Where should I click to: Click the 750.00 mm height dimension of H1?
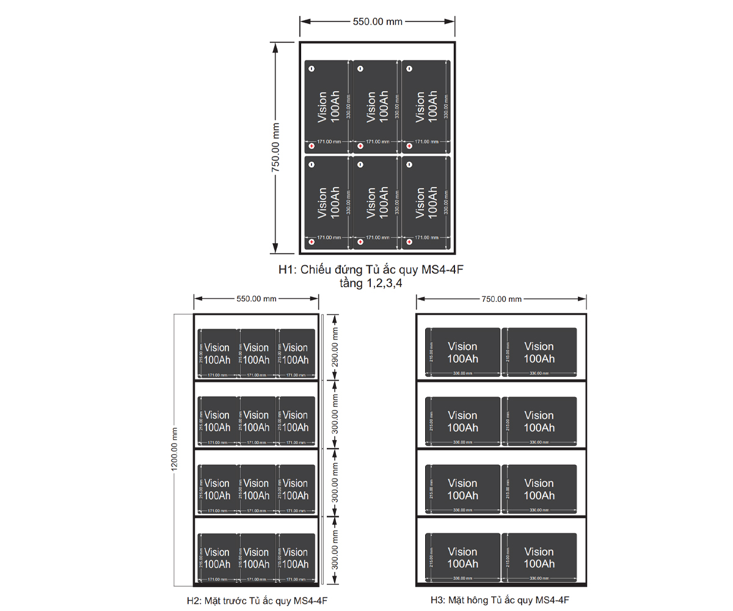click(x=276, y=147)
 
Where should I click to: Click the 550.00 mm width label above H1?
click(x=377, y=21)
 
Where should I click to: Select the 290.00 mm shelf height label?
click(x=335, y=346)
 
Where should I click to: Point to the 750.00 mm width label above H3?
click(x=501, y=299)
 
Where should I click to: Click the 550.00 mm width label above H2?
click(x=257, y=299)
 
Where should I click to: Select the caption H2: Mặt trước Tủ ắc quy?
click(x=257, y=601)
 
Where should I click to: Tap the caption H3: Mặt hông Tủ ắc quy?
click(x=500, y=601)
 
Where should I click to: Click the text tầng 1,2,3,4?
click(x=375, y=283)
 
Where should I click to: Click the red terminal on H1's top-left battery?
click(x=311, y=146)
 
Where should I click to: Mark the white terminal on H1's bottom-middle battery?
click(x=360, y=164)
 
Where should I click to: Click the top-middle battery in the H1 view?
click(x=376, y=107)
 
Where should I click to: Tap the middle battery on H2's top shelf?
click(x=257, y=354)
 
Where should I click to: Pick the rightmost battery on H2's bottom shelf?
click(x=296, y=558)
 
